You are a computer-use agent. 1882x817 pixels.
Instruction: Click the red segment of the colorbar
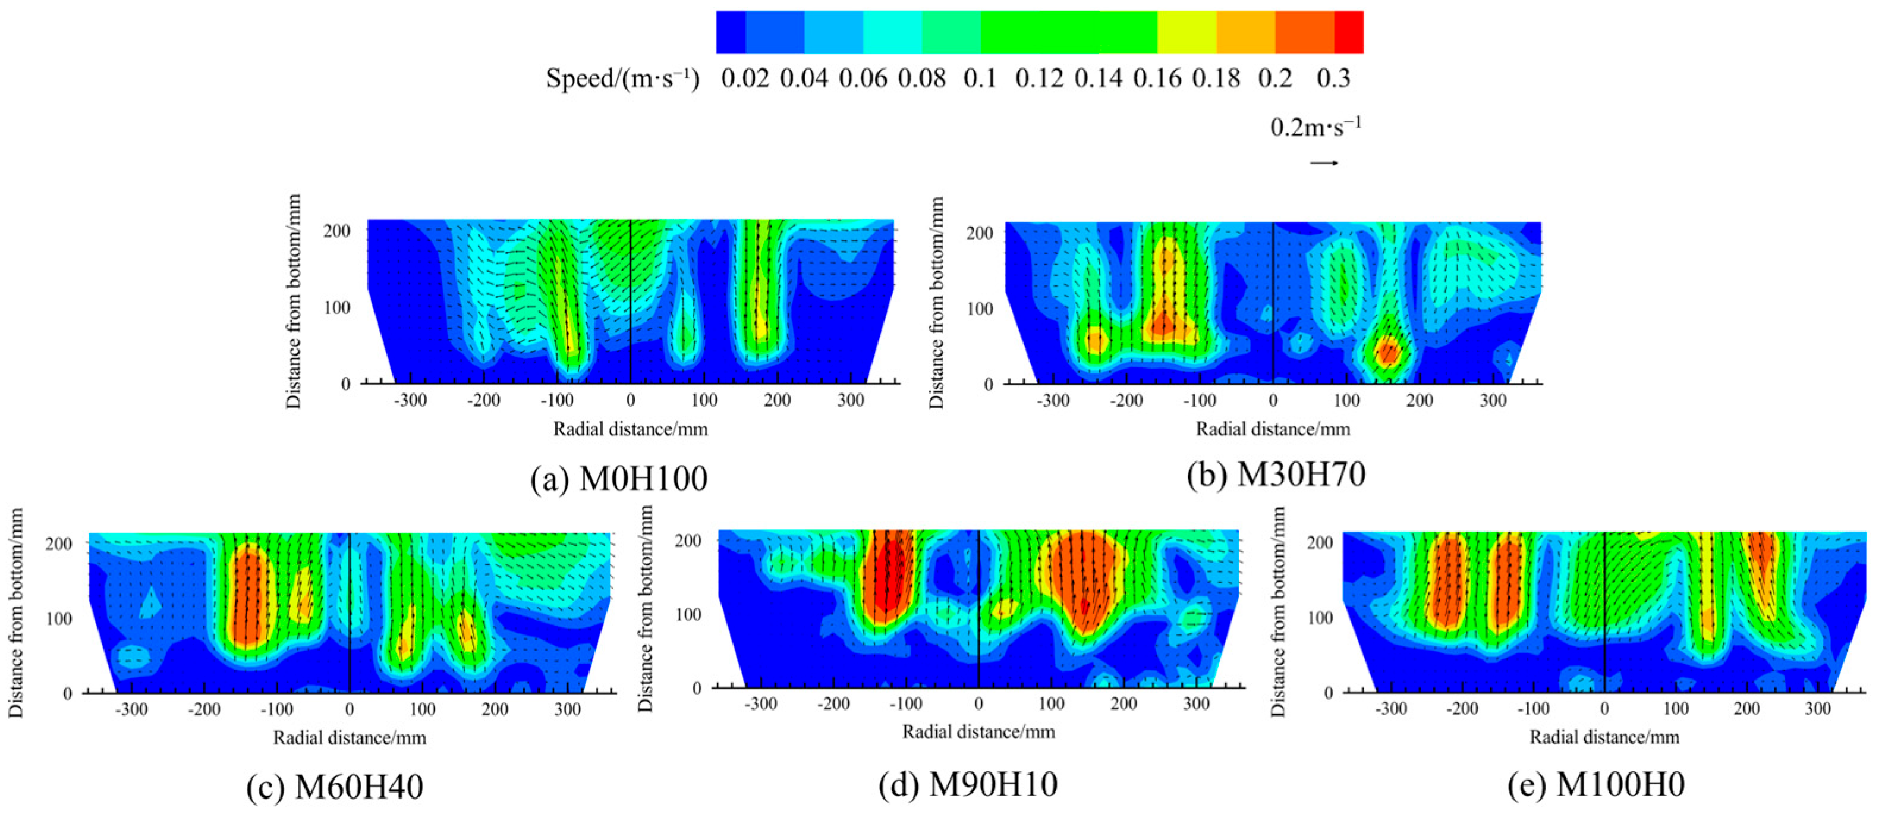pyautogui.click(x=1348, y=32)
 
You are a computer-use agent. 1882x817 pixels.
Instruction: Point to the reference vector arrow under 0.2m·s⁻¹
pyautogui.click(x=1323, y=162)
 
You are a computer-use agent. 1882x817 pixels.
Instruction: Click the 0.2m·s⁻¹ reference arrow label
pyautogui.click(x=1315, y=127)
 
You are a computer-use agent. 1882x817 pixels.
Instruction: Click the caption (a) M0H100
pyautogui.click(x=619, y=479)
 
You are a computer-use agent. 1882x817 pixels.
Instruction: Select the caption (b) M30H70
pyautogui.click(x=1276, y=475)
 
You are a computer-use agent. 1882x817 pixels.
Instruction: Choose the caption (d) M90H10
pyautogui.click(x=968, y=785)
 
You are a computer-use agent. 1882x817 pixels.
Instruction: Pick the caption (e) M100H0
pyautogui.click(x=1596, y=785)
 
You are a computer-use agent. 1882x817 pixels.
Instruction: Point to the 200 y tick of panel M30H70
pyautogui.click(x=979, y=233)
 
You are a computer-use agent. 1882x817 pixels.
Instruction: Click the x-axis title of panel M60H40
pyautogui.click(x=349, y=737)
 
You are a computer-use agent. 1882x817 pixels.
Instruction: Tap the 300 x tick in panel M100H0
pyautogui.click(x=1818, y=709)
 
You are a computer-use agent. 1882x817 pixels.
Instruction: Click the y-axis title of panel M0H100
pyautogui.click(x=294, y=301)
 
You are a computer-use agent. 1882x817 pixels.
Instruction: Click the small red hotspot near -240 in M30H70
pyautogui.click(x=1094, y=340)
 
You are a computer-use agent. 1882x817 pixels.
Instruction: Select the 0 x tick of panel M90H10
pyautogui.click(x=978, y=704)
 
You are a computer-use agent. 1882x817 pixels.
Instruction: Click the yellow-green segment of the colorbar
pyautogui.click(x=1187, y=32)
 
